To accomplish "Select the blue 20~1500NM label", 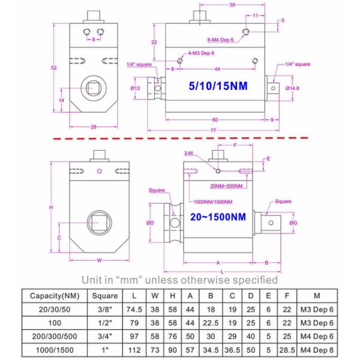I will coord(217,217).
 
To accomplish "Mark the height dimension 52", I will coord(55,68).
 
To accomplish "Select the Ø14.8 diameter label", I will coord(292,88).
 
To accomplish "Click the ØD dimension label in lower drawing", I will coord(150,223).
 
